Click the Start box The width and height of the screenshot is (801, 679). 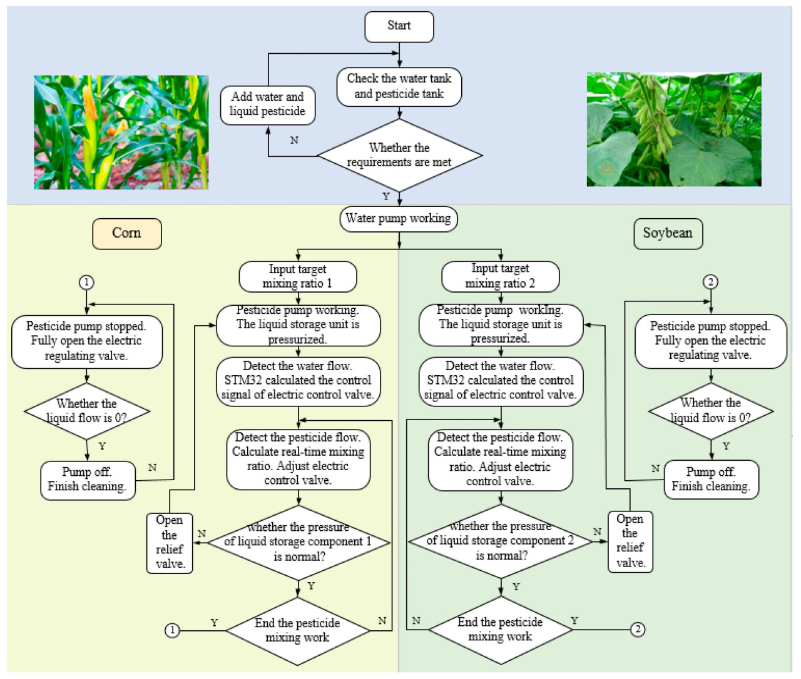[x=399, y=26]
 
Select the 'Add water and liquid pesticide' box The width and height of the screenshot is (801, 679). [x=267, y=104]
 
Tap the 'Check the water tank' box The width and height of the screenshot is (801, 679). [x=399, y=86]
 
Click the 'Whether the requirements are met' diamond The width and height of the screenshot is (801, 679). [x=399, y=155]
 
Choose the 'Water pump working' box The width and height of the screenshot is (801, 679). [x=399, y=219]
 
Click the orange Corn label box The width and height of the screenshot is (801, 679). [x=126, y=233]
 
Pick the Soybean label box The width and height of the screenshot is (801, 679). [x=668, y=233]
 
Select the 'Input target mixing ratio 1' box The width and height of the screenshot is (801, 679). [x=298, y=276]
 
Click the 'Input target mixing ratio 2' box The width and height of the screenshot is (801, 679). [x=500, y=276]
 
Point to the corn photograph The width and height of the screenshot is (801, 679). [x=121, y=132]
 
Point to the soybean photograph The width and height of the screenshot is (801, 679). [x=674, y=129]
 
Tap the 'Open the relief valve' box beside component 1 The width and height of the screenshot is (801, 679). [x=170, y=542]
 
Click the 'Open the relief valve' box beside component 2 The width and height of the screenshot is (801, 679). [x=630, y=541]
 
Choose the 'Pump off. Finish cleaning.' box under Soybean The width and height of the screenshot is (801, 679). [x=711, y=479]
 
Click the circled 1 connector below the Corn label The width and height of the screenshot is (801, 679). [x=86, y=282]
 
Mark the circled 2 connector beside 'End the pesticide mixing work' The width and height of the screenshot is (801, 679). [x=637, y=629]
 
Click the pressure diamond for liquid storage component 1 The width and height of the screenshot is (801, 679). [x=298, y=542]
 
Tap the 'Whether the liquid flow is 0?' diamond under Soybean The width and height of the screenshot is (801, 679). [x=711, y=411]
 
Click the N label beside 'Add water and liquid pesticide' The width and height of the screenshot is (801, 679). [x=294, y=140]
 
